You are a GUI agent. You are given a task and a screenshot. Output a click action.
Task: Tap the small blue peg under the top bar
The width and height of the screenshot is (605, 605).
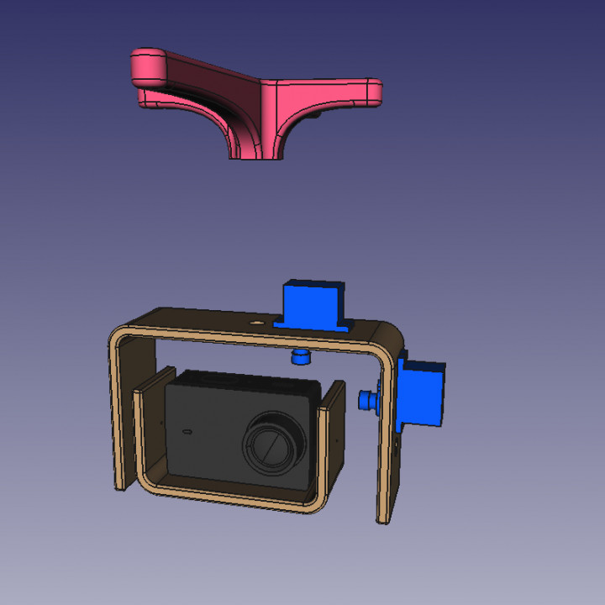tap(300, 358)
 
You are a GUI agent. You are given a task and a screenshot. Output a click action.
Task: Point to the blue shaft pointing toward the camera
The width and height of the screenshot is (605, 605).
tap(367, 400)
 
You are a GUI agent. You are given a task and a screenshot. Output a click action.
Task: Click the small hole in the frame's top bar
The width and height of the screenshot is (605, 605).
tap(257, 321)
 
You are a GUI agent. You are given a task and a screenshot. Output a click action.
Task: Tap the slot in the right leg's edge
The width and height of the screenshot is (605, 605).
tap(397, 445)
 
